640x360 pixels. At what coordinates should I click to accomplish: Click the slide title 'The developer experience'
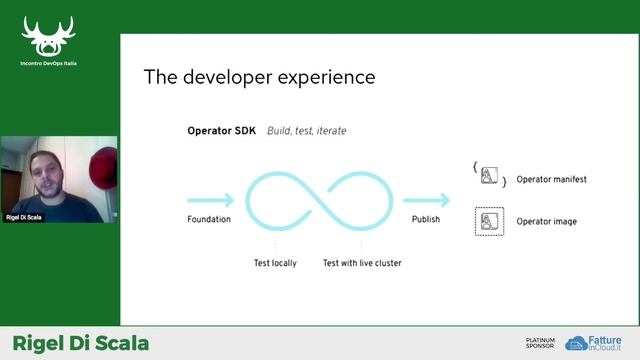(x=259, y=77)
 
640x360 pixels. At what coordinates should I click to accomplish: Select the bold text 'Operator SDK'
(x=222, y=131)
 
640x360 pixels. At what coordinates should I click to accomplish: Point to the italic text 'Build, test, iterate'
(x=307, y=131)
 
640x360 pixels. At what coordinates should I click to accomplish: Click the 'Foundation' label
(x=209, y=219)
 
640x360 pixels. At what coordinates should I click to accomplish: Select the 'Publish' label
(x=426, y=219)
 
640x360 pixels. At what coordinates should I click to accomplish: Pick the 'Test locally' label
(x=277, y=263)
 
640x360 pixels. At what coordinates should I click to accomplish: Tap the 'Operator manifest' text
(x=551, y=180)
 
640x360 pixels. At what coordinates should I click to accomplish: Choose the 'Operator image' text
(x=546, y=221)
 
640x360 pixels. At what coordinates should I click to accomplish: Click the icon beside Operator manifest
(x=489, y=177)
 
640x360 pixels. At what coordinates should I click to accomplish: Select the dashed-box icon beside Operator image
(x=489, y=221)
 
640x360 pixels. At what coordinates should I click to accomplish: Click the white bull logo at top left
(x=49, y=36)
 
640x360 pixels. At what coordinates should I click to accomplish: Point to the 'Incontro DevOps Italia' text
(x=49, y=63)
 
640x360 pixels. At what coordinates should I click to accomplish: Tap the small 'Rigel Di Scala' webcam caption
(x=25, y=216)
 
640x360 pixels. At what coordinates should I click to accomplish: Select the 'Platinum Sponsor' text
(x=540, y=343)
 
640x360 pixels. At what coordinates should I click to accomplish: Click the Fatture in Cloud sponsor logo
(x=597, y=343)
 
